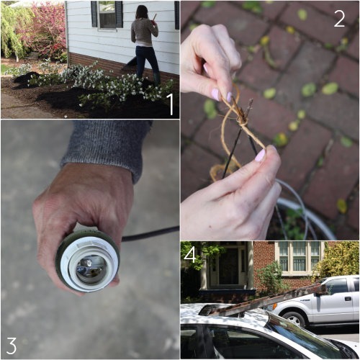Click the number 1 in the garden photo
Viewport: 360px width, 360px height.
(x=171, y=104)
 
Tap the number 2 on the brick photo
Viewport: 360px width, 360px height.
(x=339, y=19)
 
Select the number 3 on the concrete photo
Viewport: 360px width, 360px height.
(x=12, y=346)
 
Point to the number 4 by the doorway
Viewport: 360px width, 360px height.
(x=190, y=255)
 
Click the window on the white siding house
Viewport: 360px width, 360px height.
(x=107, y=15)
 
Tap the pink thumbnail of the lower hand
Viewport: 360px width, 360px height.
(x=260, y=156)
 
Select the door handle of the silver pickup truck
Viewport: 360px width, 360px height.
(x=348, y=299)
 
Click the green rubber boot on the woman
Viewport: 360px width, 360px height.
(x=156, y=79)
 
